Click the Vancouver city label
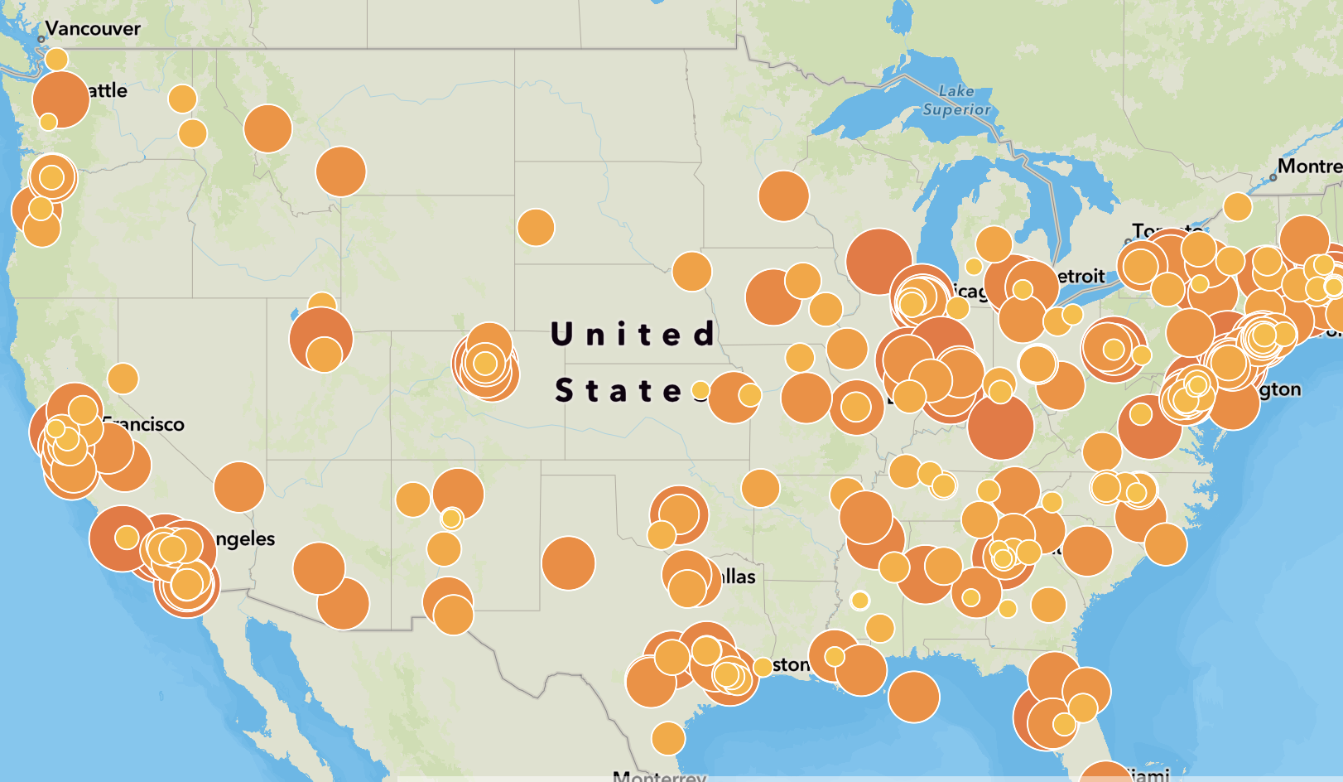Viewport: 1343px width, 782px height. click(93, 29)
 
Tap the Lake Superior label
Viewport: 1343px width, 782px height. click(956, 100)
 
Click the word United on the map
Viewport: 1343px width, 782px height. click(633, 335)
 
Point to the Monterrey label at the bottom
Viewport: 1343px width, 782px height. click(659, 776)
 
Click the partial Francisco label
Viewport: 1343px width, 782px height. click(146, 425)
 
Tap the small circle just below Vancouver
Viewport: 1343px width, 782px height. click(56, 60)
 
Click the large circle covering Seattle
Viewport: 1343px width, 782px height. click(60, 99)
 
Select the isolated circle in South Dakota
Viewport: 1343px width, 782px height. click(536, 227)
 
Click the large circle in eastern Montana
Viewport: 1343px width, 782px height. click(340, 171)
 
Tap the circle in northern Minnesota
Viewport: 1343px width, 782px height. click(783, 195)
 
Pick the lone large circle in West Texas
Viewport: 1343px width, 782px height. click(568, 562)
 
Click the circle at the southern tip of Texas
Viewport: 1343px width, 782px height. click(668, 738)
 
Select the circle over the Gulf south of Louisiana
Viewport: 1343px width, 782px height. click(913, 697)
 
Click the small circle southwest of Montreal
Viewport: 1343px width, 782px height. click(1237, 206)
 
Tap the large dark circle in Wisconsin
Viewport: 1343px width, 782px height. click(878, 262)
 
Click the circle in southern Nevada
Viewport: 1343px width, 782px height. click(238, 487)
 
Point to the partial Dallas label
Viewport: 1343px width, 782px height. click(739, 577)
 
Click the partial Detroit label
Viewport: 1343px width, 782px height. click(1081, 277)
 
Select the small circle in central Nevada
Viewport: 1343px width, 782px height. click(123, 379)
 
